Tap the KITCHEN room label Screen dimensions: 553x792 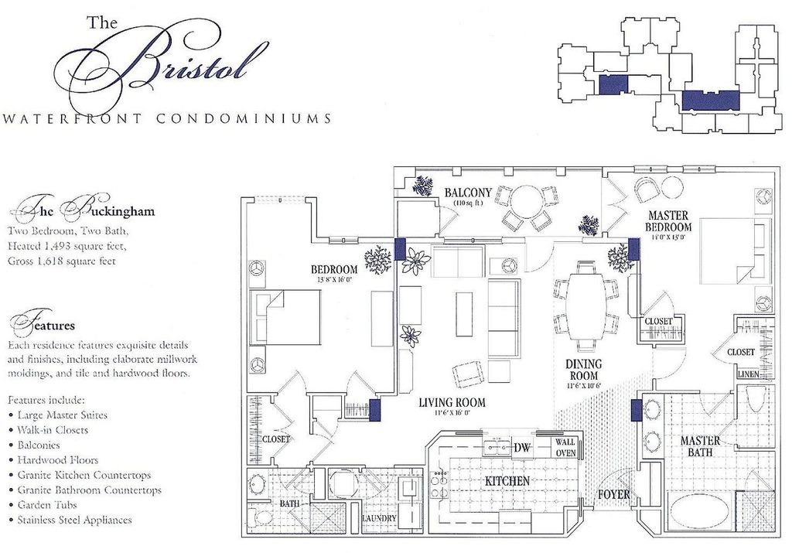coord(507,481)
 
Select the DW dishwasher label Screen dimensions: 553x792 coord(523,447)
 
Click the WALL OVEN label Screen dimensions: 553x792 coord(565,448)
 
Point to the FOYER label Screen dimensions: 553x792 coord(614,494)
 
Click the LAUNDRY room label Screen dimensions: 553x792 coord(379,518)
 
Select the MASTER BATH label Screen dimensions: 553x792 coord(700,445)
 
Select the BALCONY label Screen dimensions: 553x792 coord(468,192)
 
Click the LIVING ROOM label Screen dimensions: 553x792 coord(452,402)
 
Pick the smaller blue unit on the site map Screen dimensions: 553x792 coord(614,85)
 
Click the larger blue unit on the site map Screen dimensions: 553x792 coord(711,100)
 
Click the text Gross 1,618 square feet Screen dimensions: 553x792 coord(62,261)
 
